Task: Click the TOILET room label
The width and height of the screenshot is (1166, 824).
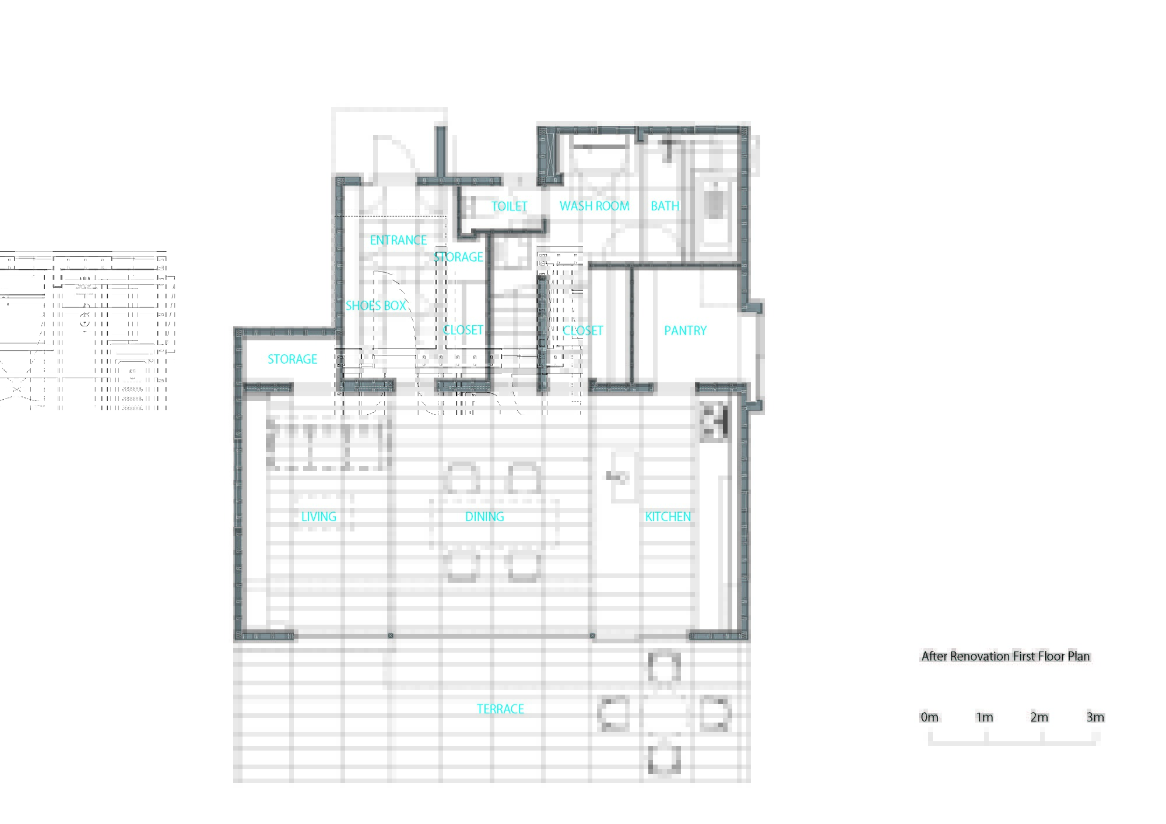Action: [x=509, y=206]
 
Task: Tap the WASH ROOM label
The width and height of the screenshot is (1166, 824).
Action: [x=594, y=206]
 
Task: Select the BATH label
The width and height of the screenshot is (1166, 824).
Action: [x=665, y=206]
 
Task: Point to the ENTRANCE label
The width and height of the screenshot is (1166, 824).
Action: [x=398, y=240]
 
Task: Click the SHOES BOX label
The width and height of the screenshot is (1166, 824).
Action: [x=375, y=305]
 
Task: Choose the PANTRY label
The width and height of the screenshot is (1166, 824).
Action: [x=685, y=331]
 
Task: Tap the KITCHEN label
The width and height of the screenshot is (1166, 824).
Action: [x=668, y=517]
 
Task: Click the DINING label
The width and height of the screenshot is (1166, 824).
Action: [x=484, y=517]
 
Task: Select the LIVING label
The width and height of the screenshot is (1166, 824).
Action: [x=318, y=517]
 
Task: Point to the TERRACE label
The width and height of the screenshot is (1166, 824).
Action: [x=500, y=709]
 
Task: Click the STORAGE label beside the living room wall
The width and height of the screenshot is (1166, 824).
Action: [x=292, y=360]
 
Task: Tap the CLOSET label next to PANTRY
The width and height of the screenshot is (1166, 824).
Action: [x=582, y=331]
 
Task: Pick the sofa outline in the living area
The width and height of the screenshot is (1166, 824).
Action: [x=328, y=444]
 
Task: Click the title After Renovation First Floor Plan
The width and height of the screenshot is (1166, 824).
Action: [x=1005, y=657]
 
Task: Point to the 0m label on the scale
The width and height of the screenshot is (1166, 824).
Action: [x=929, y=717]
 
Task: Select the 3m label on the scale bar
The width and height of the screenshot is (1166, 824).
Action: [x=1095, y=717]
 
